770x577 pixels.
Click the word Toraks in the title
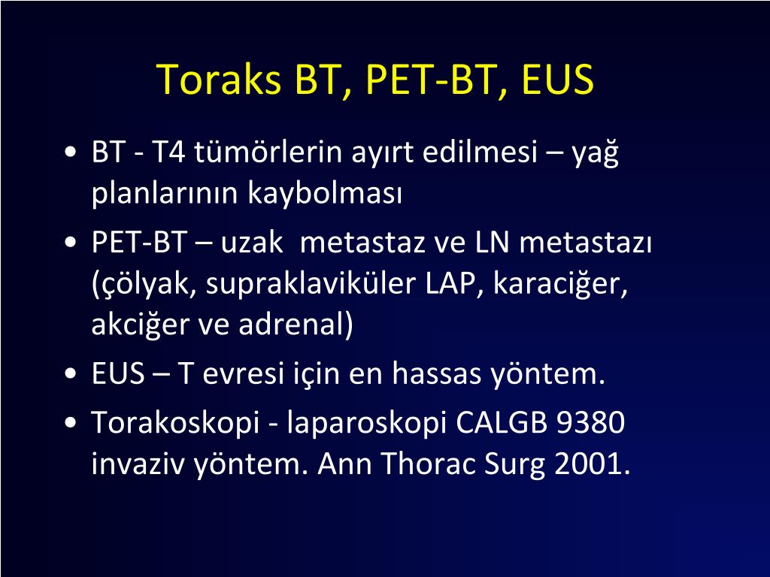[220, 79]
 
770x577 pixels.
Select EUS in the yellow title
[557, 79]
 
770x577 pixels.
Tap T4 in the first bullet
[168, 152]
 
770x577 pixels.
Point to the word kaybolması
[325, 193]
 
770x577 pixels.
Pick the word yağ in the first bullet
[595, 153]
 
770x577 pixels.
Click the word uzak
[252, 243]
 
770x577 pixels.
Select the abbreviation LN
[493, 243]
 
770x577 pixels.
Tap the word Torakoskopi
[175, 422]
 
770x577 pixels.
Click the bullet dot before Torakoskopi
[71, 422]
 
